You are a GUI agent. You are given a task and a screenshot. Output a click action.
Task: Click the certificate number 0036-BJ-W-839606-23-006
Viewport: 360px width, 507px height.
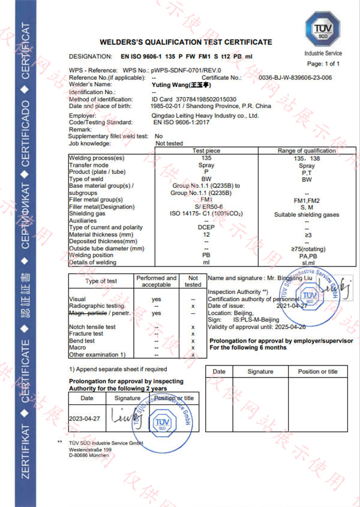(x=295, y=78)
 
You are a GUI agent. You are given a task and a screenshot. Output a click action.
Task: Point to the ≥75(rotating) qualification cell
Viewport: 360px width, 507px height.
(x=307, y=248)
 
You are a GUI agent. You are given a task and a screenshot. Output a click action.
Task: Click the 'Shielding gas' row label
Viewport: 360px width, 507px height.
(x=87, y=214)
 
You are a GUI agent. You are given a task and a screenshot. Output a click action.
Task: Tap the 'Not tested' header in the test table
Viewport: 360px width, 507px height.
(x=193, y=281)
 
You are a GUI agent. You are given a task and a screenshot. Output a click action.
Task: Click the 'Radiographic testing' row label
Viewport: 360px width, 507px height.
(x=98, y=305)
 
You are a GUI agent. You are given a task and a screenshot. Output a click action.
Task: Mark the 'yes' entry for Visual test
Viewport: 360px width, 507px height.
(x=157, y=298)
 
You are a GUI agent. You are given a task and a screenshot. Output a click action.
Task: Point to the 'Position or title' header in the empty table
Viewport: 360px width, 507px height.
(x=317, y=371)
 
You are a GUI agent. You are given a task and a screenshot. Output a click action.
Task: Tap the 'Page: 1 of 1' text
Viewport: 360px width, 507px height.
(x=323, y=64)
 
